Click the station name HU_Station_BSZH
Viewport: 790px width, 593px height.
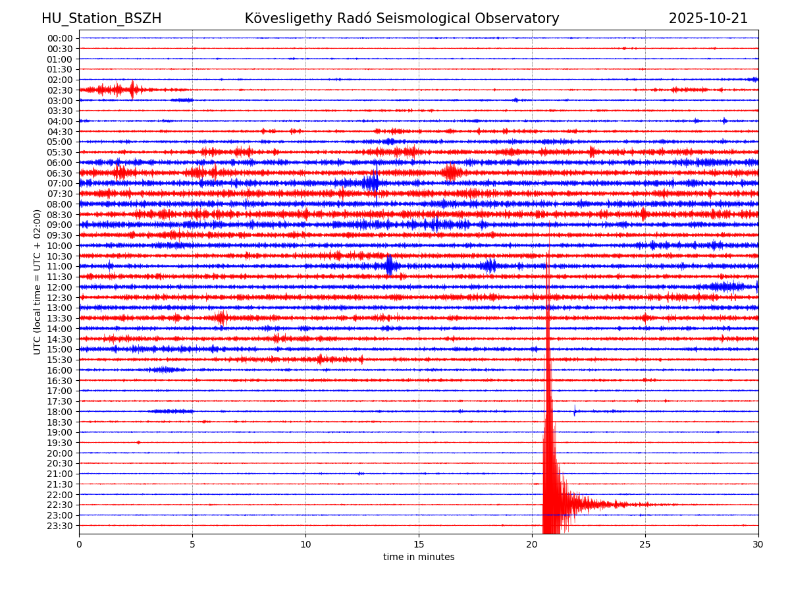[101, 18]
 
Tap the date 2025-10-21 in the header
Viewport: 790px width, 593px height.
[708, 18]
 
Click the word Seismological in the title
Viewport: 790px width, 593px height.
[452, 18]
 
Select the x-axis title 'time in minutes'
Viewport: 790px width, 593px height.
[419, 557]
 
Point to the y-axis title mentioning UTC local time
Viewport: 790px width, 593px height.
[38, 282]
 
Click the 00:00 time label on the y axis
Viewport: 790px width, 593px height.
[60, 38]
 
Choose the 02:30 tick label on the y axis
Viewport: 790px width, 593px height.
[60, 90]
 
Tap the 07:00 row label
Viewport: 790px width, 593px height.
[60, 183]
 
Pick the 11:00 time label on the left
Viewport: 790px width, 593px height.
[60, 266]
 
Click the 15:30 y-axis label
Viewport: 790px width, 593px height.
[60, 360]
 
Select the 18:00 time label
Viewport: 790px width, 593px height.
[60, 412]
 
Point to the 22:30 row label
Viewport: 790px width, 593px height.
[60, 505]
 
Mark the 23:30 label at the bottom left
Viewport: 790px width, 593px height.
[60, 526]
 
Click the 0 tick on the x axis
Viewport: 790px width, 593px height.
[79, 544]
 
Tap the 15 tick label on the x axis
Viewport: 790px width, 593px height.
[419, 544]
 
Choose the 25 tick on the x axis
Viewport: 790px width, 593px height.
[645, 544]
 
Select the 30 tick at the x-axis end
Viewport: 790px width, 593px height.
[758, 544]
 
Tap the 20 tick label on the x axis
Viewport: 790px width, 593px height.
[532, 544]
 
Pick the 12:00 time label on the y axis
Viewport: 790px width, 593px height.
[60, 287]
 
